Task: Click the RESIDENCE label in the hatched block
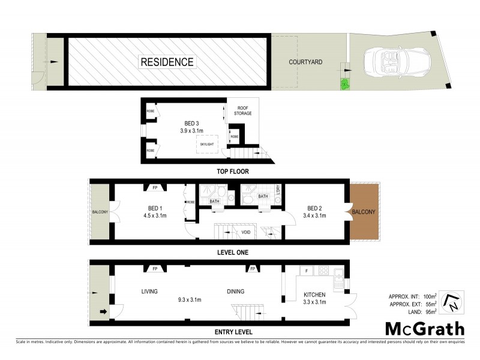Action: pyautogui.click(x=167, y=62)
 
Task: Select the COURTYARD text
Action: pyautogui.click(x=305, y=62)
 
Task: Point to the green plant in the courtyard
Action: pyautogui.click(x=345, y=85)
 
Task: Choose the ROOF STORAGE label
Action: pyautogui.click(x=242, y=110)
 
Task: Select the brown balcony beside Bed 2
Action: pyautogui.click(x=364, y=211)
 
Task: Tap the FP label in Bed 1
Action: pyautogui.click(x=155, y=187)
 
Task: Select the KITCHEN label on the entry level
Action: pyautogui.click(x=314, y=295)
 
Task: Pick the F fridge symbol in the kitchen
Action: pyautogui.click(x=307, y=272)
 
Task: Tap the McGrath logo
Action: pyautogui.click(x=424, y=329)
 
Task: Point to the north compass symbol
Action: pyautogui.click(x=451, y=303)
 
